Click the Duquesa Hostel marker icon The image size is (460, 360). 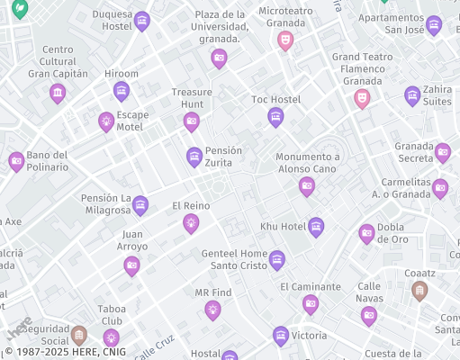(141, 21)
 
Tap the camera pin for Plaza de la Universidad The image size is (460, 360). (219, 58)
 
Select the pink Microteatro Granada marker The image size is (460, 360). (285, 40)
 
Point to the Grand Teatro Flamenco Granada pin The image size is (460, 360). (362, 97)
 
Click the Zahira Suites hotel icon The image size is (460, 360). (412, 95)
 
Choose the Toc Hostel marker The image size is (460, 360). (275, 117)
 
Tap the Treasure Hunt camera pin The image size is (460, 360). (191, 121)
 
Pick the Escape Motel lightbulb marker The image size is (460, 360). (106, 121)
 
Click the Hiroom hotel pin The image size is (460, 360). (122, 91)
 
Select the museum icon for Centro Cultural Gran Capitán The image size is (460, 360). (58, 93)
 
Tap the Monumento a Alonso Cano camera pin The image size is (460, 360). (307, 186)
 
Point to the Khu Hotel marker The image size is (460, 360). (316, 227)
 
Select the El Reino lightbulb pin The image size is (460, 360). (191, 223)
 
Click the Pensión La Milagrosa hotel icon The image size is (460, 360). (140, 206)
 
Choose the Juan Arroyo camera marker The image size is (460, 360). (132, 265)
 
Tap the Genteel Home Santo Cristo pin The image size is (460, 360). (277, 260)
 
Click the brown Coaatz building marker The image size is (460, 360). (419, 290)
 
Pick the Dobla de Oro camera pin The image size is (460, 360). (367, 233)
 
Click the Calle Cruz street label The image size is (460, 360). (155, 346)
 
